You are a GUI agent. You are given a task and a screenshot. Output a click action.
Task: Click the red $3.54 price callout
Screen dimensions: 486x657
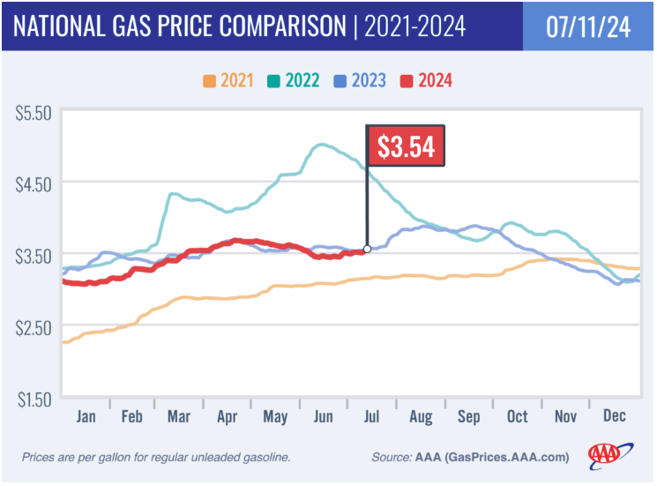pyautogui.click(x=406, y=146)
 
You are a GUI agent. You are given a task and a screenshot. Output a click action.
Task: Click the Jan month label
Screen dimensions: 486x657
pyautogui.click(x=86, y=415)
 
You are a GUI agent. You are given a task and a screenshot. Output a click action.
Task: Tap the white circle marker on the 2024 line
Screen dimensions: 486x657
pyautogui.click(x=367, y=250)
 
